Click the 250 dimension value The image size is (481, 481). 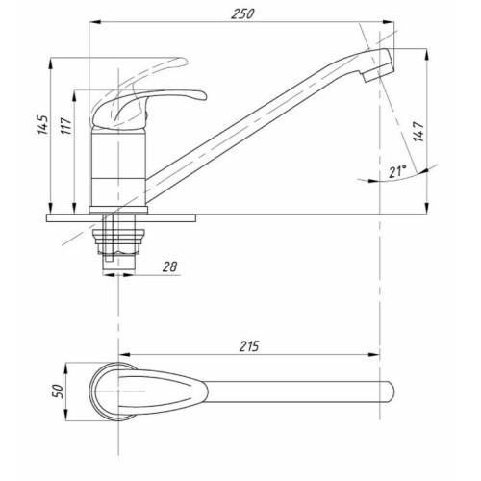tap(242, 13)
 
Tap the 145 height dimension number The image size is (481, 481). tap(42, 124)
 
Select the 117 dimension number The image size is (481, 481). tap(65, 126)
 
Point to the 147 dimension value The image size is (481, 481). tap(418, 132)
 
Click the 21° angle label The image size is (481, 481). tap(397, 171)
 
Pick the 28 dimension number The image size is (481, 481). tap(169, 266)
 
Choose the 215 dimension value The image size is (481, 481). tap(249, 346)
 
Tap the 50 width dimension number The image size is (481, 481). tap(58, 392)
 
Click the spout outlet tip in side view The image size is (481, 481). tap(378, 72)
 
